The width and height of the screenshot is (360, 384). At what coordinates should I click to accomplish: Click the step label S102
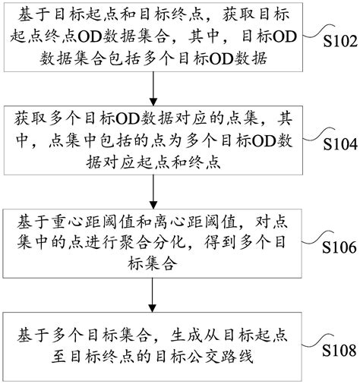coord(340,41)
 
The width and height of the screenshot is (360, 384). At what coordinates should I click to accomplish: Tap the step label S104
coord(340,144)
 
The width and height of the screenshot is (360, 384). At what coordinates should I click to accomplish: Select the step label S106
coord(339,247)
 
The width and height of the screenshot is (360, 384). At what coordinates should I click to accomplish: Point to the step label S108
coord(339,351)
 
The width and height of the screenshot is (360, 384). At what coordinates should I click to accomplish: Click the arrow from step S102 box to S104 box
coord(153,89)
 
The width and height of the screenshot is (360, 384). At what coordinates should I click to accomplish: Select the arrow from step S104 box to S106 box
coord(153,192)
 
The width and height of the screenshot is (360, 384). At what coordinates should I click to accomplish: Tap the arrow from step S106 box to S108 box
coord(152,295)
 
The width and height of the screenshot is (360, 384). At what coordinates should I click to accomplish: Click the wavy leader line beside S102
coord(318,32)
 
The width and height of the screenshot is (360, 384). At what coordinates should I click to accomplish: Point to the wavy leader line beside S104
coord(318,134)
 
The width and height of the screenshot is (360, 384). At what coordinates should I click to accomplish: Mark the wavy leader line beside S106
coord(317,238)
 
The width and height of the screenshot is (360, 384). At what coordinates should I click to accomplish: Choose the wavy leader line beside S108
coord(317,341)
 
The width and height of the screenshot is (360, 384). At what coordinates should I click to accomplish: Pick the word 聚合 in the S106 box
coord(134,242)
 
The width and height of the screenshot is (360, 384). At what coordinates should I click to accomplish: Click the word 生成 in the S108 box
coord(186,335)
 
